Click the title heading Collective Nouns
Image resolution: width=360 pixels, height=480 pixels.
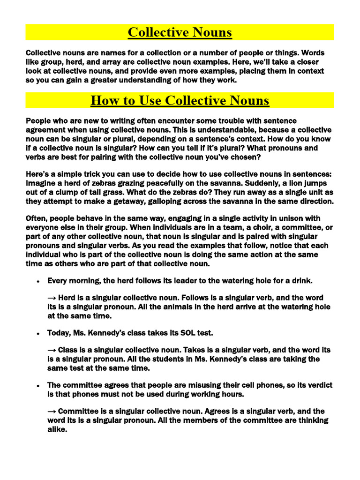(180, 32)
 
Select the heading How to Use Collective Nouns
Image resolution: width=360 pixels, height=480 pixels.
(180, 100)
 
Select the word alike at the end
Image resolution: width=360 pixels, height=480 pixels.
(58, 429)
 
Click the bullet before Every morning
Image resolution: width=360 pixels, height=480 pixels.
(37, 281)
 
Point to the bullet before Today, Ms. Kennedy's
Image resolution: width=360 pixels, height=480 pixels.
(37, 333)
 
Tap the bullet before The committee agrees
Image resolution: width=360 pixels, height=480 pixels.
(37, 385)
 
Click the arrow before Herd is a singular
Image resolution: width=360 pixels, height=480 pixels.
(52, 298)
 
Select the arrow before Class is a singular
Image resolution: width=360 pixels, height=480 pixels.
(52, 350)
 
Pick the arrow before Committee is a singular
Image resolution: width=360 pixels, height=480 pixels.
(52, 411)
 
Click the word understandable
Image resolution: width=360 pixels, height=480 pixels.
(206, 130)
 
